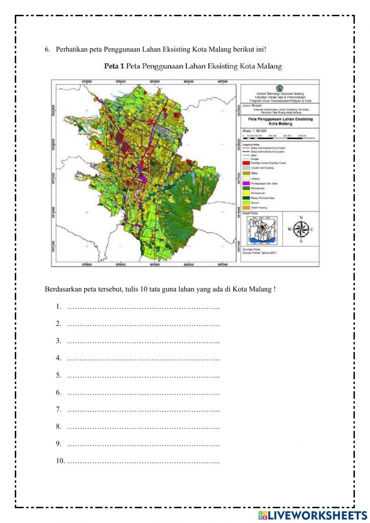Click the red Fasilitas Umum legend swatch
(246, 163)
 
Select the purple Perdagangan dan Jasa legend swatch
(246, 183)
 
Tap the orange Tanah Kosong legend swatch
(246, 208)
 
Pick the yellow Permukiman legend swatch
(246, 193)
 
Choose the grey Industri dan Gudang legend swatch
(246, 168)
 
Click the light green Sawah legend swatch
(246, 203)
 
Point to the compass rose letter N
(301, 218)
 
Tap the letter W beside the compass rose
(289, 229)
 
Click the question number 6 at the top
(47, 50)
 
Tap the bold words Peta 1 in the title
(114, 67)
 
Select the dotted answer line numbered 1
(143, 307)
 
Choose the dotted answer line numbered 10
(143, 461)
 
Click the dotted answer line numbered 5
(143, 376)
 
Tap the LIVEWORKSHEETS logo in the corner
(313, 515)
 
